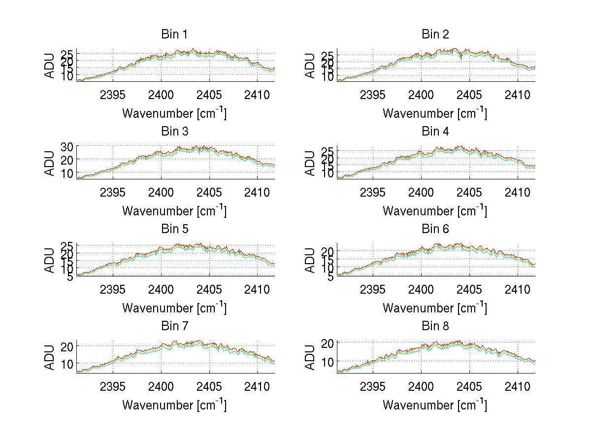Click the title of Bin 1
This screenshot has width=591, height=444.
click(x=174, y=34)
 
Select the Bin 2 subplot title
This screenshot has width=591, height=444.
click(x=435, y=34)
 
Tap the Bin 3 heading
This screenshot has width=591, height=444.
click(x=174, y=132)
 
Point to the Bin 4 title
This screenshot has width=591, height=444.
click(x=435, y=132)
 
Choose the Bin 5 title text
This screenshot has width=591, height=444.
click(x=174, y=229)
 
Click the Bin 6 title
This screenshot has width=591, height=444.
click(x=435, y=229)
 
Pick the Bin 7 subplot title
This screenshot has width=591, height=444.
click(x=174, y=326)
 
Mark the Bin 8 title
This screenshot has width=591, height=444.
click(x=435, y=326)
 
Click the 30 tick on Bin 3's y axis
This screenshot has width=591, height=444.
click(x=67, y=146)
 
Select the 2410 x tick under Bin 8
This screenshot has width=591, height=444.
click(x=518, y=386)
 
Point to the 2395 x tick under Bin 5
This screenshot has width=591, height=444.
click(x=113, y=289)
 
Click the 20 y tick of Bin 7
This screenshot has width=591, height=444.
click(x=67, y=346)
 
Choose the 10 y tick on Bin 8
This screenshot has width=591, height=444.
click(x=328, y=361)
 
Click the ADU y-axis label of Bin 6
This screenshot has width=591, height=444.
click(x=310, y=260)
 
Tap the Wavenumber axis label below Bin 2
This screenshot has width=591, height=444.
click(x=435, y=113)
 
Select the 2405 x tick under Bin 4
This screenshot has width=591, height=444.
click(x=469, y=191)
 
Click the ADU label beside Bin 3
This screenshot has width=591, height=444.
click(x=50, y=163)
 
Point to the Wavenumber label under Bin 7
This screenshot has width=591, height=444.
click(x=174, y=405)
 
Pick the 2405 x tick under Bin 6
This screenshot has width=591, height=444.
click(x=469, y=289)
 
